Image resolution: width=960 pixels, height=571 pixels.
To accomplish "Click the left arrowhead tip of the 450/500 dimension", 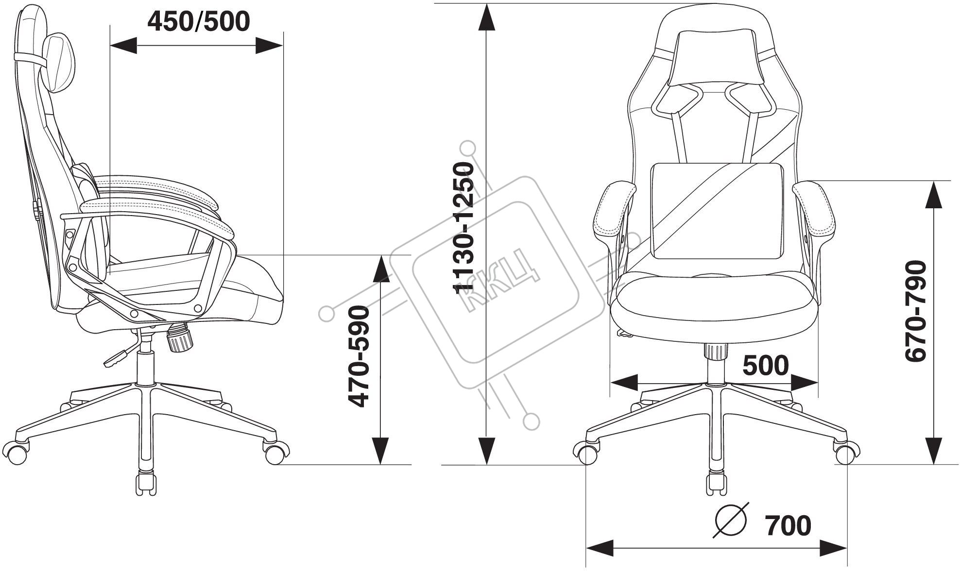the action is (x=111, y=46).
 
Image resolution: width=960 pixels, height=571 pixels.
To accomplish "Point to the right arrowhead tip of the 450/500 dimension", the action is (x=283, y=46).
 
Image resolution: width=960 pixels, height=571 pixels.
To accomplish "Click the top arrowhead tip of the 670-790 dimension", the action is (x=933, y=181).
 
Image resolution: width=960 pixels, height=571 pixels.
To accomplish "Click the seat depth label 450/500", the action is (x=199, y=21).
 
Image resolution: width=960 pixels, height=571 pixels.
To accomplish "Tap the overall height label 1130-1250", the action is (x=463, y=228).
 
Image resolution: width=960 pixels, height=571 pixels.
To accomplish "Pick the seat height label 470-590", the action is (x=360, y=356).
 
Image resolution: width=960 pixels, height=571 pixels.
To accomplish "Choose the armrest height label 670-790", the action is (x=916, y=311).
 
